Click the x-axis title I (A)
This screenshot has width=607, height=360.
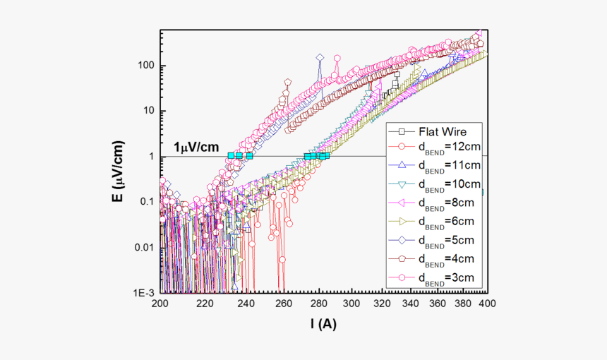324,324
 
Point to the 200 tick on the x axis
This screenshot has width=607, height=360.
161,303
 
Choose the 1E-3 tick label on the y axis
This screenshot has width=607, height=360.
145,292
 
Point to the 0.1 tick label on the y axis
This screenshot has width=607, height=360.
147,202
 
